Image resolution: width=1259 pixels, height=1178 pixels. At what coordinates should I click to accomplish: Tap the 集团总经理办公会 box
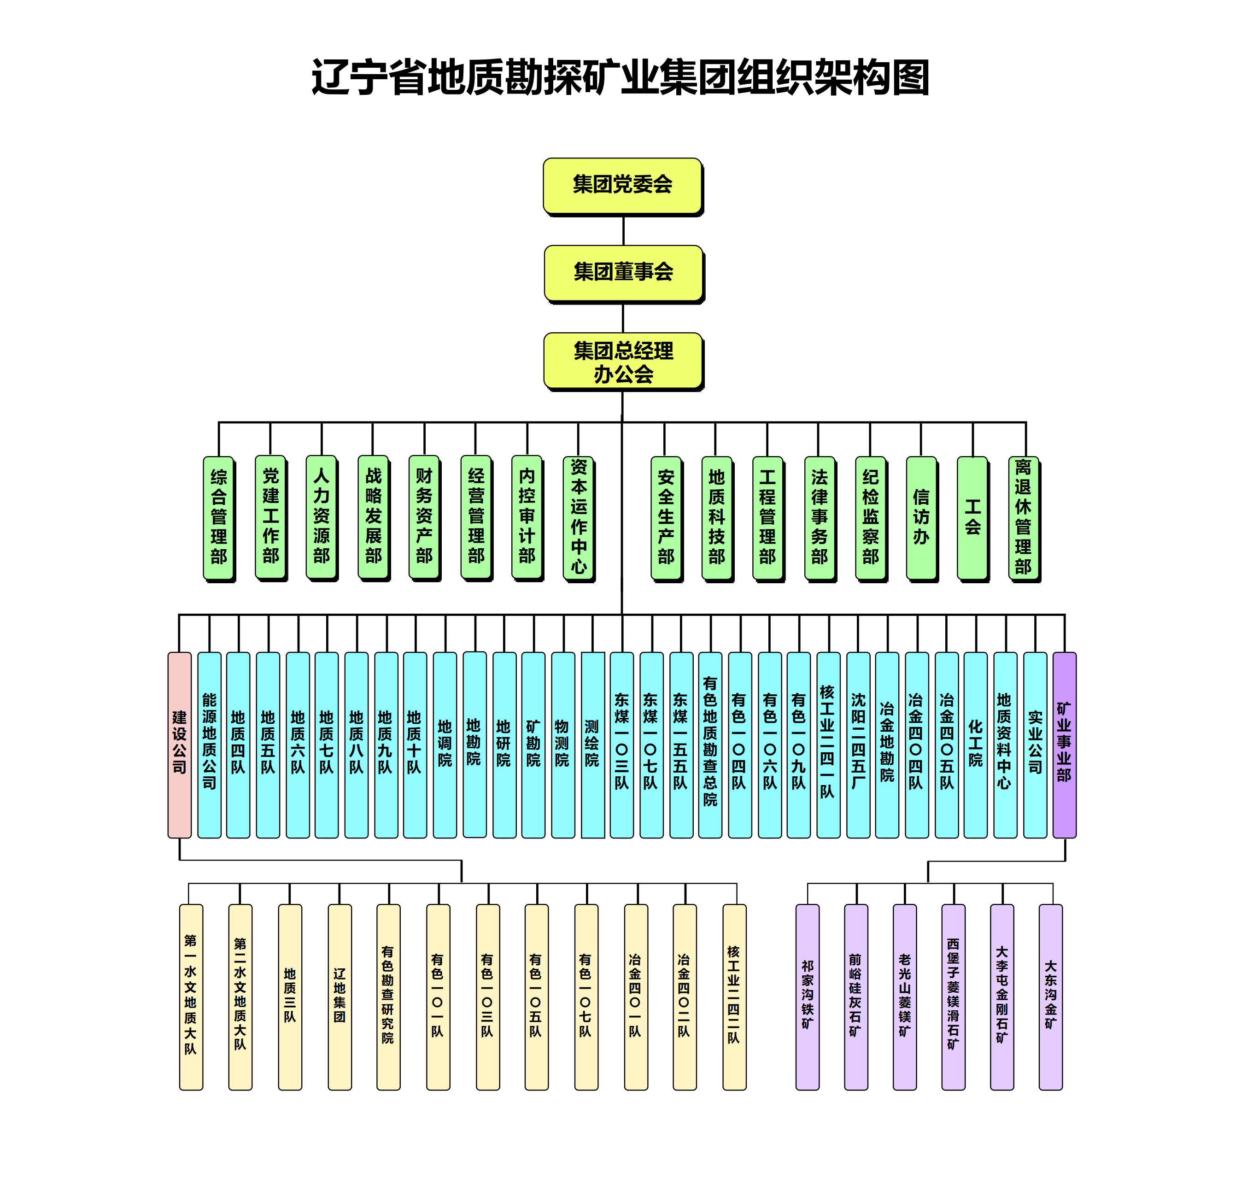(x=624, y=362)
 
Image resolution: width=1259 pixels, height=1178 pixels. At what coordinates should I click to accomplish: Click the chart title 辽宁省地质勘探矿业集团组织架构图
(x=621, y=77)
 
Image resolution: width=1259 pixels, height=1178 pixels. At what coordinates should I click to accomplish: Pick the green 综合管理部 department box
(x=219, y=519)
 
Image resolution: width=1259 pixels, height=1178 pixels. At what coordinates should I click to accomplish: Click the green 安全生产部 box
(x=666, y=519)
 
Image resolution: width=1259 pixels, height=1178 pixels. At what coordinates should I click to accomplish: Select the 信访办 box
(x=921, y=519)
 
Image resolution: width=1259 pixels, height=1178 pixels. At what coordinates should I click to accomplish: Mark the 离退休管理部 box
(x=1024, y=519)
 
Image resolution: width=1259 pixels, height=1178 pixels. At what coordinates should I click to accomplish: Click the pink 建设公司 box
(x=179, y=745)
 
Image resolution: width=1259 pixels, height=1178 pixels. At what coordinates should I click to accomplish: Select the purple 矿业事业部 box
(x=1065, y=745)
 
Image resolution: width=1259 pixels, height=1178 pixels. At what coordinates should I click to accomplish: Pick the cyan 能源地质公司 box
(x=209, y=745)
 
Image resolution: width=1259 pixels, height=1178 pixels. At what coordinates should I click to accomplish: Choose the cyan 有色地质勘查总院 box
(x=710, y=745)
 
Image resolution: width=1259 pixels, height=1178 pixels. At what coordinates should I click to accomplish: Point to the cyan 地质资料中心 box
(x=1005, y=745)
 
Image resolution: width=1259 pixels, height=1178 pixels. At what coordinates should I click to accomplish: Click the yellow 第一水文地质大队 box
(x=191, y=997)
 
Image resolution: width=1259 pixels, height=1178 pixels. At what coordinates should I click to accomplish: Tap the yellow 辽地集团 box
(x=340, y=997)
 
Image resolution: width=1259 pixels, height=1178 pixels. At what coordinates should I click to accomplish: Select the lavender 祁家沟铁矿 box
(x=808, y=997)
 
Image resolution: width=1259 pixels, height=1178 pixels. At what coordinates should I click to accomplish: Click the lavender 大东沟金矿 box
(x=1051, y=997)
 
